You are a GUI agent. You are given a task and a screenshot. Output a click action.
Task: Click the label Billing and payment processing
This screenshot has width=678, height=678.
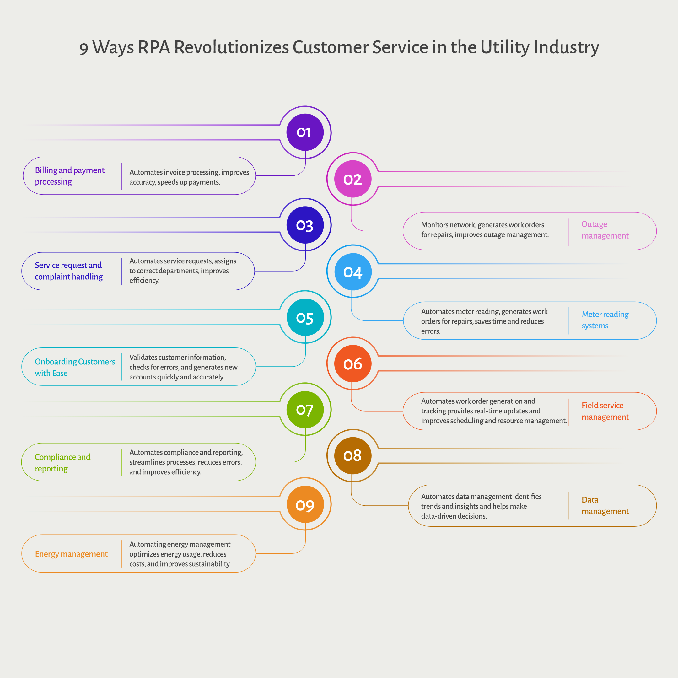(69, 176)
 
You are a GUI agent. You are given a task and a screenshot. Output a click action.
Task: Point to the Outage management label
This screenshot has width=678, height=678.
(605, 230)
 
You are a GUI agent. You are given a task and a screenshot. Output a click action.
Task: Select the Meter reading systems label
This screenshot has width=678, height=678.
(605, 320)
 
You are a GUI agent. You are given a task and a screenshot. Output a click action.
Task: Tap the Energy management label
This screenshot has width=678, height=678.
(71, 554)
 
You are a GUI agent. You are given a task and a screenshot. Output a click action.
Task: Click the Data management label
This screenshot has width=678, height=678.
(605, 505)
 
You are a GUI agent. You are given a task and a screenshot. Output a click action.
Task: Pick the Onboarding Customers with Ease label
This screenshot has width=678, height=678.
(74, 367)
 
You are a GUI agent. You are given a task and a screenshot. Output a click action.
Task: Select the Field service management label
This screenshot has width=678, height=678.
(605, 411)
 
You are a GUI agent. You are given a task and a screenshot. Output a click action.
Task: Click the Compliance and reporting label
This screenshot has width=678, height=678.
(62, 463)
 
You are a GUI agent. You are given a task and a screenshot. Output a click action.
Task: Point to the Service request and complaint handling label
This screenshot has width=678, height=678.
(69, 271)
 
